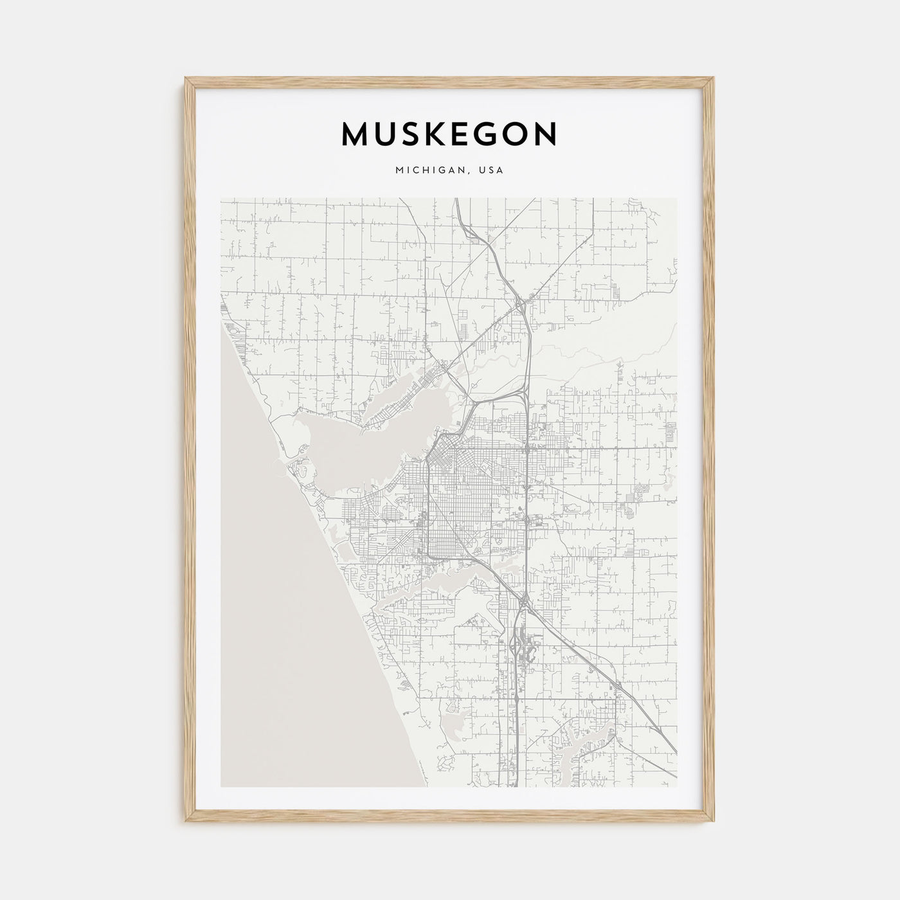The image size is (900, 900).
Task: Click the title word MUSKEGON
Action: pyautogui.click(x=449, y=134)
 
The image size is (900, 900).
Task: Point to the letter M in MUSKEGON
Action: pyautogui.click(x=356, y=134)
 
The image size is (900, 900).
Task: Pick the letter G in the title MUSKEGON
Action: pyautogui.click(x=489, y=134)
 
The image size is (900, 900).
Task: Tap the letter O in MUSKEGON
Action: pyautogui.click(x=516, y=134)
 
